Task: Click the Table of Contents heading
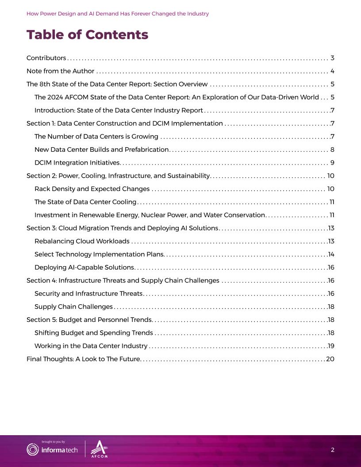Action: (87, 34)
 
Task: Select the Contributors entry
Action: (46, 58)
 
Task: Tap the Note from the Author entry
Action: (60, 71)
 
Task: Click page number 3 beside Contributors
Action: (332, 58)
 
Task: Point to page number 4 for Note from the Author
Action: (332, 71)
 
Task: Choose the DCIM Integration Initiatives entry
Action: (77, 163)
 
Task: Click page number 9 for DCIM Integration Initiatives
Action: (332, 163)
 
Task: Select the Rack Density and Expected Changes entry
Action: (92, 189)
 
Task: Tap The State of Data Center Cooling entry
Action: (85, 202)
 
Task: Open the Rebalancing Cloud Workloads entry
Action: (82, 241)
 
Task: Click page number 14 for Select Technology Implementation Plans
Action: (331, 254)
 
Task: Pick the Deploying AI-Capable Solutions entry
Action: (84, 267)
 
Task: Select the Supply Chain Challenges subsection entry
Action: (73, 306)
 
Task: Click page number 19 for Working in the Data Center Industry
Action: (331, 346)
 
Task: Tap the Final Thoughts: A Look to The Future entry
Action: (83, 359)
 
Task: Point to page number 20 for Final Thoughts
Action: (330, 359)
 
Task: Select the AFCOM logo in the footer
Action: (99, 449)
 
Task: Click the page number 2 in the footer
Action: (332, 450)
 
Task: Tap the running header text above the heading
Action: (118, 14)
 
